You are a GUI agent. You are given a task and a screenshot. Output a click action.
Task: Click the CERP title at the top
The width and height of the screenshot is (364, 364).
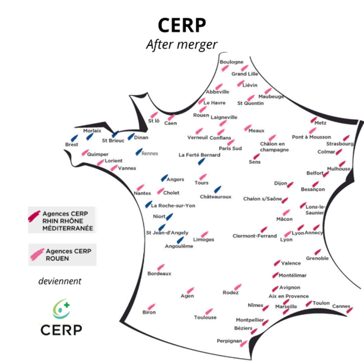point(182,26)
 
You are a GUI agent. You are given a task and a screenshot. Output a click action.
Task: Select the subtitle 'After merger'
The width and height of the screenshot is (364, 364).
point(182,45)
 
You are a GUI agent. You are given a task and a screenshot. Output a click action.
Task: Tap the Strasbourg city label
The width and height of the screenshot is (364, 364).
point(340,144)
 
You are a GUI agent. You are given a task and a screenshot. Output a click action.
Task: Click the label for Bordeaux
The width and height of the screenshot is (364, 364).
point(159,274)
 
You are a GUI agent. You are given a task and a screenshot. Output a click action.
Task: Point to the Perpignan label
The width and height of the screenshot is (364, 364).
point(229,341)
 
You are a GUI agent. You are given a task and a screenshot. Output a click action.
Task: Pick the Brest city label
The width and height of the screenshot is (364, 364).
point(71,145)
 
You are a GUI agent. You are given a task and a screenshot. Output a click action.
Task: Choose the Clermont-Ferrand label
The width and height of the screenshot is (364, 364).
point(254,236)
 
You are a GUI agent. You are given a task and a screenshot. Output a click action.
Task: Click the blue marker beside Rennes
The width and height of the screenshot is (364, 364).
point(139,152)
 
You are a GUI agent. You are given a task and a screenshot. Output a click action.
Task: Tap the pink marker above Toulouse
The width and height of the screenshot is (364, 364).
point(209,311)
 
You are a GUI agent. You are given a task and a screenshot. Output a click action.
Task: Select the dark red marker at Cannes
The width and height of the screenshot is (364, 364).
point(349,310)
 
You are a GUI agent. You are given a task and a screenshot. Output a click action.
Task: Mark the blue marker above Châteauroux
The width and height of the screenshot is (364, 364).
point(218,189)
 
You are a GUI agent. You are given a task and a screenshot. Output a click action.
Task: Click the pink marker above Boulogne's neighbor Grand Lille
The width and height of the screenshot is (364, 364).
point(244,68)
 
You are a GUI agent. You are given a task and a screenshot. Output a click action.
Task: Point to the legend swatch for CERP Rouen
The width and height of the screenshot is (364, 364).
point(37,255)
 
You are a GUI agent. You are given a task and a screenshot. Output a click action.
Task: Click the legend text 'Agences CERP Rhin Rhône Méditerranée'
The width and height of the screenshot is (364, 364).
point(68,221)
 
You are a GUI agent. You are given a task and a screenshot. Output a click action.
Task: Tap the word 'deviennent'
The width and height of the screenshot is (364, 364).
point(60,281)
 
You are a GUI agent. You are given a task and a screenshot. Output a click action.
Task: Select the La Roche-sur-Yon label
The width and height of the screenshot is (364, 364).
point(173,205)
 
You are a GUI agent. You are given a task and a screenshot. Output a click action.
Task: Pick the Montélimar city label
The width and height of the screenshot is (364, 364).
point(292,275)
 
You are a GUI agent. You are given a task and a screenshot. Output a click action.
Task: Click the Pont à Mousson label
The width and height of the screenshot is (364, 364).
point(311,137)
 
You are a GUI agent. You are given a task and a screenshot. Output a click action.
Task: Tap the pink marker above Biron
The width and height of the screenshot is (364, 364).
point(151,307)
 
